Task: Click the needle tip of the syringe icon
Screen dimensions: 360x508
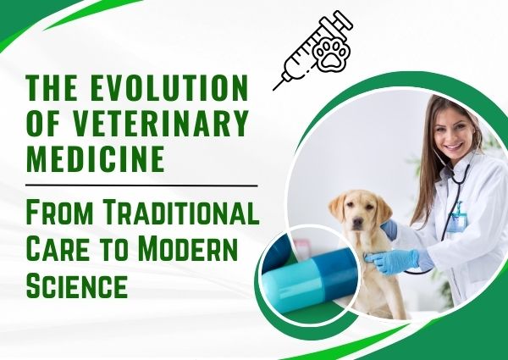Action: pyautogui.click(x=277, y=86)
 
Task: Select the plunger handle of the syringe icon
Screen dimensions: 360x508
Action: pyautogui.click(x=344, y=20)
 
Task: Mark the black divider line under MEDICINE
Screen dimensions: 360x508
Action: pyautogui.click(x=141, y=184)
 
